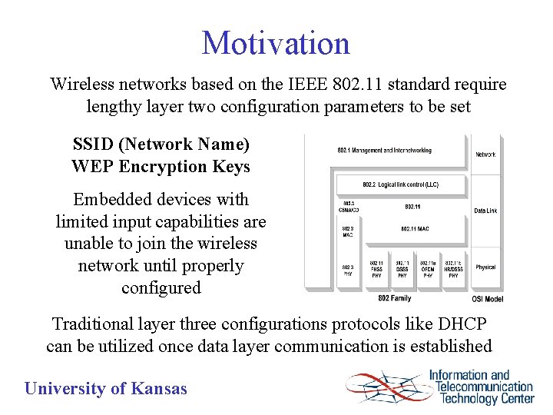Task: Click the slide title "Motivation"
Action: (x=276, y=43)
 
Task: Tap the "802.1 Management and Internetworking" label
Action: (x=384, y=151)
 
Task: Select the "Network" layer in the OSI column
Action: (x=485, y=154)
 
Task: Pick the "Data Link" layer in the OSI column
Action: (x=485, y=211)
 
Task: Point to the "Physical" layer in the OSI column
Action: (x=485, y=267)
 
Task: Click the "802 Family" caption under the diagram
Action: (x=394, y=297)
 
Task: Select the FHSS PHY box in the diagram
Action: (x=376, y=269)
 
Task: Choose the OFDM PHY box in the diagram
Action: (x=428, y=269)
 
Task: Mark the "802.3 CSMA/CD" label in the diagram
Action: (x=347, y=207)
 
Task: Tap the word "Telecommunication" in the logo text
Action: (x=485, y=387)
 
